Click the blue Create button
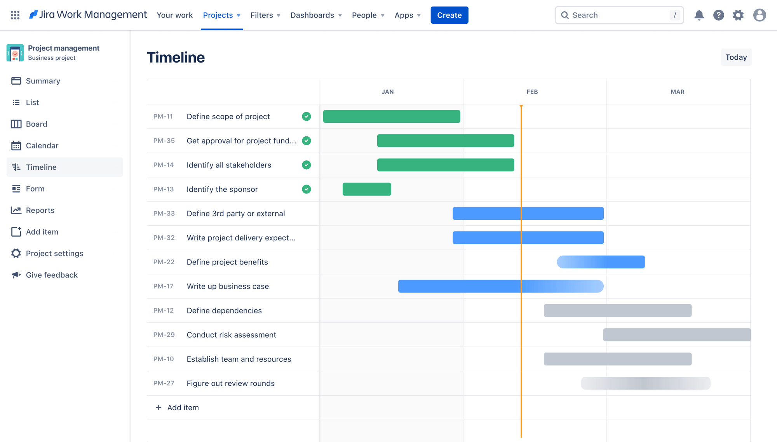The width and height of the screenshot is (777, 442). point(449,15)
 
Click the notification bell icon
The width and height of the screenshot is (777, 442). point(699,15)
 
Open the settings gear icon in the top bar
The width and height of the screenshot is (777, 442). point(738,15)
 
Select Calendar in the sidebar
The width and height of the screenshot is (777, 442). point(42,146)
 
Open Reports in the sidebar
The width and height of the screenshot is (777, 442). point(40,210)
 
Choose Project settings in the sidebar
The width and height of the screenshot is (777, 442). point(54,253)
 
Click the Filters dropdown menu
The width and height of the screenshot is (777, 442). point(265,15)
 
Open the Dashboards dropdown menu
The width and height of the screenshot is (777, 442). point(316,15)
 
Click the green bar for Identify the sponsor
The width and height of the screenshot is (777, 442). point(367,189)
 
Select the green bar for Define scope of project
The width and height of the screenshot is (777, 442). point(392,117)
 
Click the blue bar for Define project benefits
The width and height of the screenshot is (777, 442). point(601,262)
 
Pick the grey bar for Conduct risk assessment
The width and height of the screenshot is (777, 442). point(677,335)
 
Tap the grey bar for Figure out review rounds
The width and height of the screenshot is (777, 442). point(646,383)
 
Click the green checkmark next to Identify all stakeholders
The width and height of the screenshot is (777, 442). point(307,165)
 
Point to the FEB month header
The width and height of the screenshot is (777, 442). point(532,92)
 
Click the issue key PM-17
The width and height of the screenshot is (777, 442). point(163,286)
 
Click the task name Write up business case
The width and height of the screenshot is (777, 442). point(228,286)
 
